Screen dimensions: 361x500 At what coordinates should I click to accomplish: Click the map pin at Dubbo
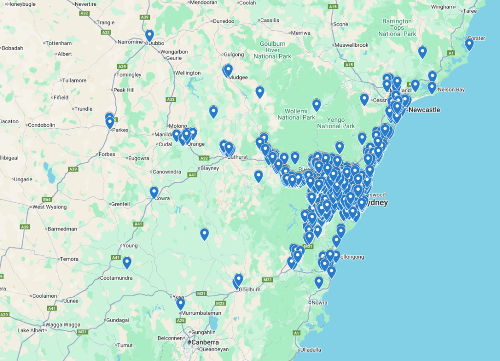pyautogui.click(x=149, y=36)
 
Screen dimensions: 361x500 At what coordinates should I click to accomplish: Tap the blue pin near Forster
pyautogui.click(x=469, y=45)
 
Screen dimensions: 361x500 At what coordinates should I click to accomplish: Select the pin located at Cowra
pyautogui.click(x=154, y=192)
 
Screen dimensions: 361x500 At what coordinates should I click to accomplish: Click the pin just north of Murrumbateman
pyautogui.click(x=181, y=304)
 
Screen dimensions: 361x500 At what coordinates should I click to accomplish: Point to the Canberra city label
pyautogui.click(x=205, y=342)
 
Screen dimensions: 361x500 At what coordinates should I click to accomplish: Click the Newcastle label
pyautogui.click(x=424, y=110)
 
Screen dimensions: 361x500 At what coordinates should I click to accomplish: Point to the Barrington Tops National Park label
pyautogui.click(x=397, y=28)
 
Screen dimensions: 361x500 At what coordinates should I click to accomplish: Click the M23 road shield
pyautogui.click(x=220, y=303)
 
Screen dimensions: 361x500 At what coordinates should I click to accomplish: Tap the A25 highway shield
pyautogui.click(x=181, y=320)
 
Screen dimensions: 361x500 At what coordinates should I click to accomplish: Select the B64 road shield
pyautogui.click(x=47, y=199)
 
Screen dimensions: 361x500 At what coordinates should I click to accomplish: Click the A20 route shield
pyautogui.click(x=4, y=315)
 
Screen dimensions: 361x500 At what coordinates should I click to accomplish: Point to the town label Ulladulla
pyautogui.click(x=311, y=350)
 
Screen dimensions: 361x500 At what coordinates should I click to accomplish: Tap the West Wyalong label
pyautogui.click(x=49, y=207)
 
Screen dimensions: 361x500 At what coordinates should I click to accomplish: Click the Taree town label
pyautogui.click(x=483, y=11)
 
